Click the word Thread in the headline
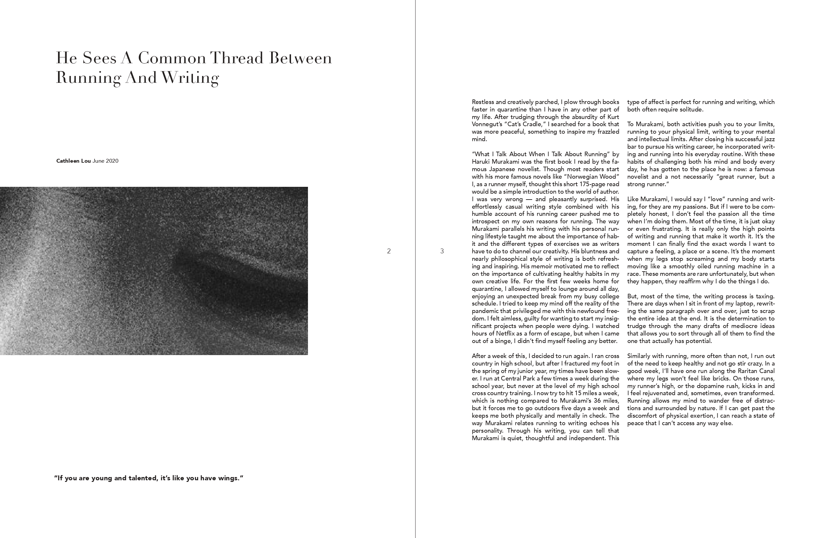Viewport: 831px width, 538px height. [x=236, y=58]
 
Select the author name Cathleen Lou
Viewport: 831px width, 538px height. [x=73, y=161]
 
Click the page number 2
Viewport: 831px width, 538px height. [x=388, y=251]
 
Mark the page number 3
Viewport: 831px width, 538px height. [x=442, y=251]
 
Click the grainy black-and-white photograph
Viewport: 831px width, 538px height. [x=153, y=271]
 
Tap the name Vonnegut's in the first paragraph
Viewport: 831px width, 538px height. [x=486, y=124]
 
